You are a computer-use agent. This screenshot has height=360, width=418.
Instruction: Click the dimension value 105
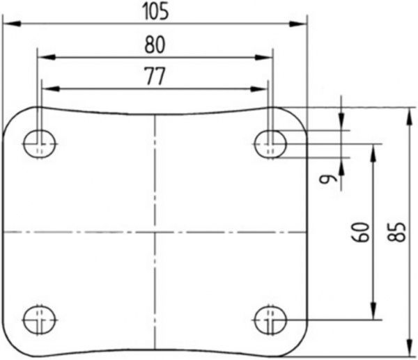[x=156, y=12]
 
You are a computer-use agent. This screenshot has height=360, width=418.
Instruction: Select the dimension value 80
[x=155, y=45]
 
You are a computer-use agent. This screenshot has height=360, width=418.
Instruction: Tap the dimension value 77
[x=155, y=76]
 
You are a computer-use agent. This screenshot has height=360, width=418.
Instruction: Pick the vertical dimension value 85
[x=396, y=232]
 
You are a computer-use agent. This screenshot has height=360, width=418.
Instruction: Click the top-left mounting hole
[x=40, y=144]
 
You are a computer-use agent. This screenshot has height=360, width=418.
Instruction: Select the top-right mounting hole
[x=270, y=144]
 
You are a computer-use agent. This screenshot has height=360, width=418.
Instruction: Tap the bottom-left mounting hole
[x=40, y=320]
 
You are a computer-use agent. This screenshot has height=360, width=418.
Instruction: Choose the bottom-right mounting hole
[x=270, y=320]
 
